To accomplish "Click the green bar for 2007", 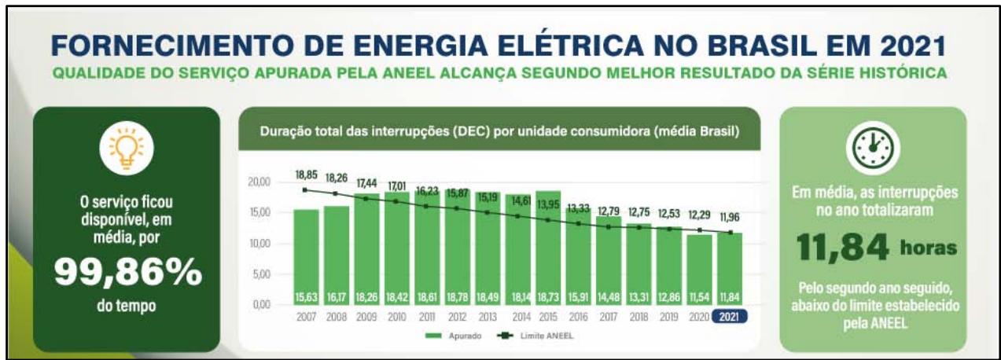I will coord(307,252).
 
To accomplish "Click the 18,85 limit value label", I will coord(307,175).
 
